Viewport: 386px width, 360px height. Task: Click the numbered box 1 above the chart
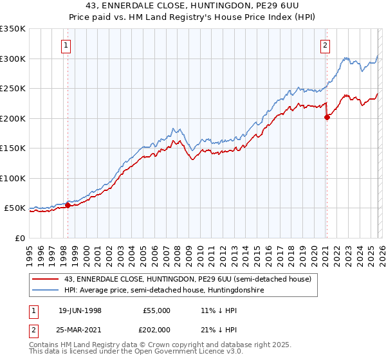[x=68, y=45]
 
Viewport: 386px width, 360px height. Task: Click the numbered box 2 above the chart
[x=326, y=45]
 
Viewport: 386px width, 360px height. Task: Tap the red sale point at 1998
[x=68, y=206]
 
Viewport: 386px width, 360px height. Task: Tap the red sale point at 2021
[x=327, y=117]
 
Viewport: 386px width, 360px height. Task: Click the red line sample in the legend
[x=46, y=279]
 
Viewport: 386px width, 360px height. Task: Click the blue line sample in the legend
[x=46, y=290]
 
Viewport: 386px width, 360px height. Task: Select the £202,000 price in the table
[x=156, y=330]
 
